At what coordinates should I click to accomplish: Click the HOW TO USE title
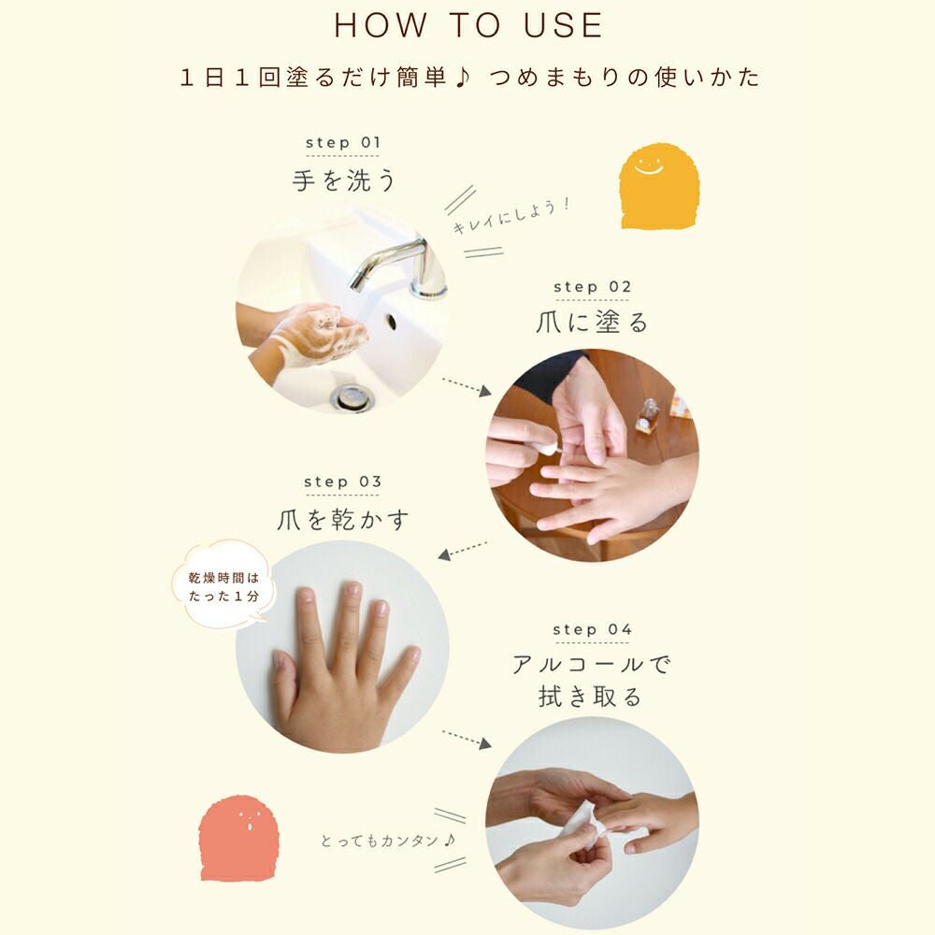(468, 25)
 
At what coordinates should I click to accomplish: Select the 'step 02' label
(592, 287)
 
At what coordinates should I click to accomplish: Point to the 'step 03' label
(342, 482)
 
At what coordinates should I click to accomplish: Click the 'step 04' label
(592, 629)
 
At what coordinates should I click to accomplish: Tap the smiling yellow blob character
(659, 186)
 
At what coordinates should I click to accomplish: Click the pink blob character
(238, 838)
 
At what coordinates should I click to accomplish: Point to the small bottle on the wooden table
(648, 416)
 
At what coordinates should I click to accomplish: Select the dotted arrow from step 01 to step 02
(467, 386)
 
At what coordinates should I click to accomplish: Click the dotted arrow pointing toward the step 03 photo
(463, 551)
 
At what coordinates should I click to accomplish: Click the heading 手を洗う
(343, 180)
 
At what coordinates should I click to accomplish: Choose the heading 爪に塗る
(592, 323)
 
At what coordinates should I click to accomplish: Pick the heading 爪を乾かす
(343, 519)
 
